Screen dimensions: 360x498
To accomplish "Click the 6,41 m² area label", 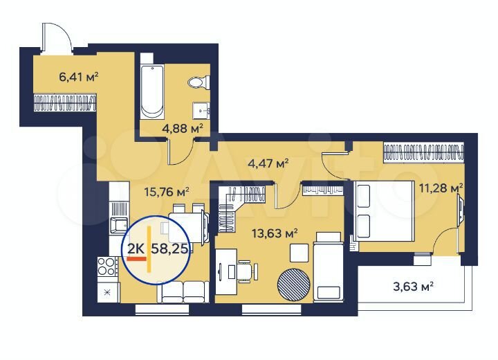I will [80, 77].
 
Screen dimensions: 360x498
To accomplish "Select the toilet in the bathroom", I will [199, 83].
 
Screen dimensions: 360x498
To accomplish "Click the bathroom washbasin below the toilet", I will [202, 109].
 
